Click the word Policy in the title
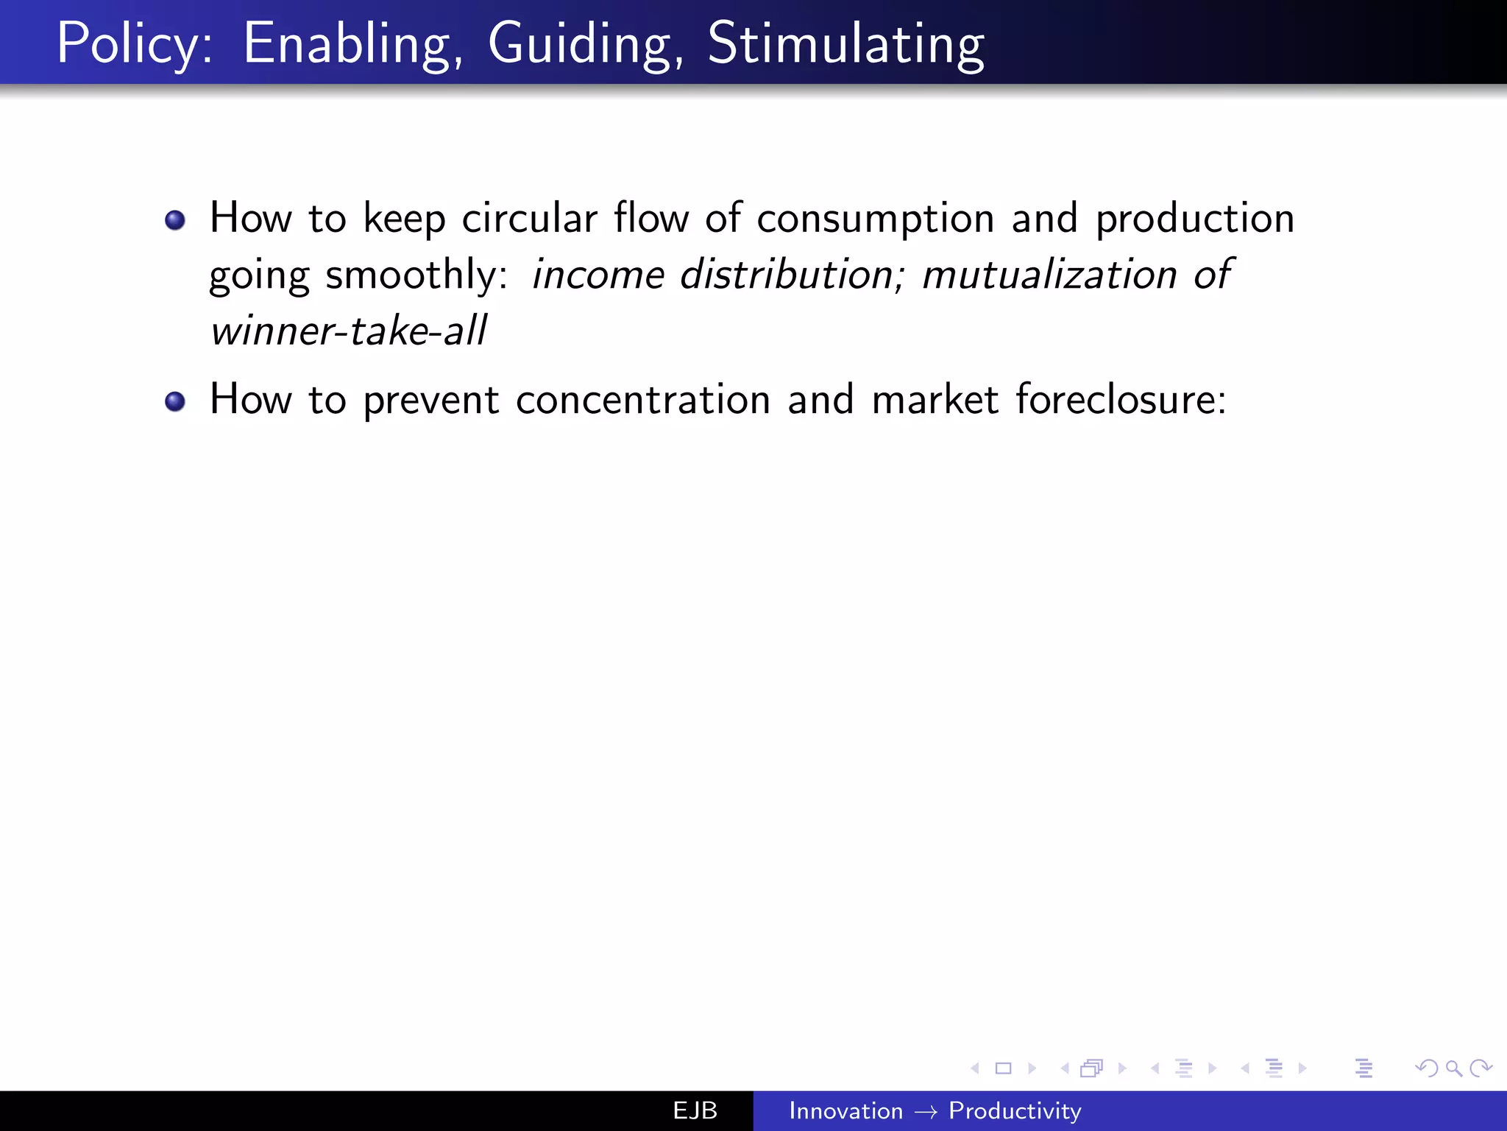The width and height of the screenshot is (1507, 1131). [133, 44]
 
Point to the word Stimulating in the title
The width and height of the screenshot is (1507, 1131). [845, 44]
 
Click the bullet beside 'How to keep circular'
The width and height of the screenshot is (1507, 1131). [175, 220]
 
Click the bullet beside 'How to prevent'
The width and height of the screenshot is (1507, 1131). [175, 401]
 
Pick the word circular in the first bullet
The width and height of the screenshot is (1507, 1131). [529, 219]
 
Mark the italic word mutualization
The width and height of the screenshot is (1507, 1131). [1049, 275]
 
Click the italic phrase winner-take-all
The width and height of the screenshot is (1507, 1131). [348, 331]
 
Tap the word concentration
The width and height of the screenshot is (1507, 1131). [643, 400]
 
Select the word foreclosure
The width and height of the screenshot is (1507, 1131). [1120, 400]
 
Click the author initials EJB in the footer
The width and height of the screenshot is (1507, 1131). [695, 1110]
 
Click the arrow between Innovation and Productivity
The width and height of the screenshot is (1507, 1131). [926, 1112]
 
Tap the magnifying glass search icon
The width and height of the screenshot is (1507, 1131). [1453, 1068]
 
